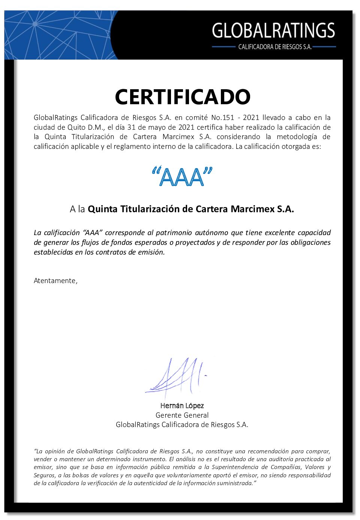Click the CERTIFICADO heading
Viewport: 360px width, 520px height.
point(182,97)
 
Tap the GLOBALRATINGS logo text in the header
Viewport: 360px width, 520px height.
point(273,31)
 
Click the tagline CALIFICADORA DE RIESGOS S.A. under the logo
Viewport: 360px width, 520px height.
point(275,47)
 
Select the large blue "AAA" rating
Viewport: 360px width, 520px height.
point(182,177)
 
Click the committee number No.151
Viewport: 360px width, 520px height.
point(223,117)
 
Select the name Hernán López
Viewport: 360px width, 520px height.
point(182,406)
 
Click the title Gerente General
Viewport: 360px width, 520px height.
point(182,415)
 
